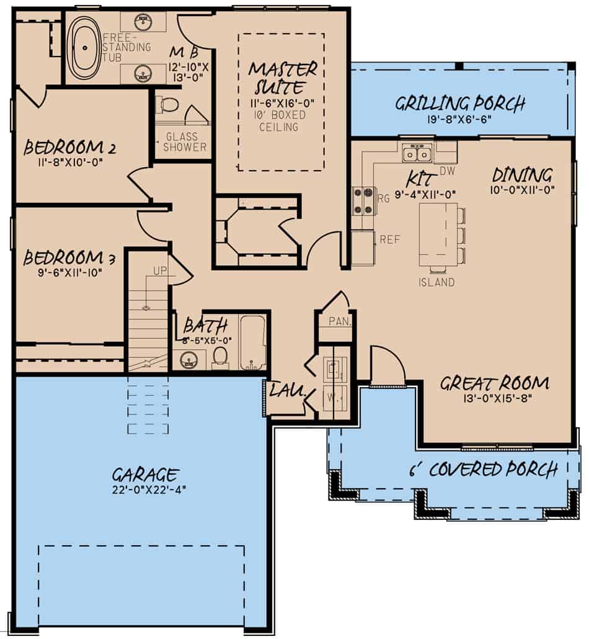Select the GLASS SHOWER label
click(x=184, y=142)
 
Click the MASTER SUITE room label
click(x=282, y=78)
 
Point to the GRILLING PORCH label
click(x=460, y=103)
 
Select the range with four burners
click(x=363, y=200)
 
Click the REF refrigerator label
click(x=390, y=239)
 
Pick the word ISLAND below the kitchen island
click(x=436, y=282)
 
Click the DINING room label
click(x=522, y=174)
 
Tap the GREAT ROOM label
click(x=494, y=383)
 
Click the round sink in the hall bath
click(x=192, y=358)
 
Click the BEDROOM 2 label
click(x=62, y=148)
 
